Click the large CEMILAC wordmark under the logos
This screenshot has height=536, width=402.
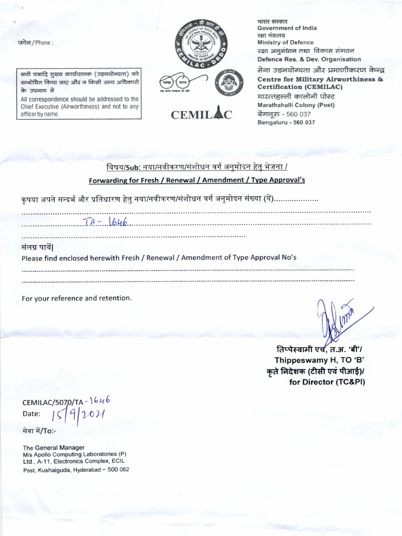[x=202, y=115]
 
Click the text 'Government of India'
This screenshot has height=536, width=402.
[x=287, y=28]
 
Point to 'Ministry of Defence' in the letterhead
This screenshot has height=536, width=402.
[x=285, y=42]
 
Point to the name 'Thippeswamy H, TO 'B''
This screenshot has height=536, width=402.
[x=319, y=360]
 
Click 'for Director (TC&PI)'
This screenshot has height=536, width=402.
[x=327, y=382]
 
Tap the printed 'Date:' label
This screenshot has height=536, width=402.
[x=31, y=414]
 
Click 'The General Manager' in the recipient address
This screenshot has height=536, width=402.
[x=53, y=448]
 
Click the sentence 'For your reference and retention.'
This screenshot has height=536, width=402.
[x=77, y=298]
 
